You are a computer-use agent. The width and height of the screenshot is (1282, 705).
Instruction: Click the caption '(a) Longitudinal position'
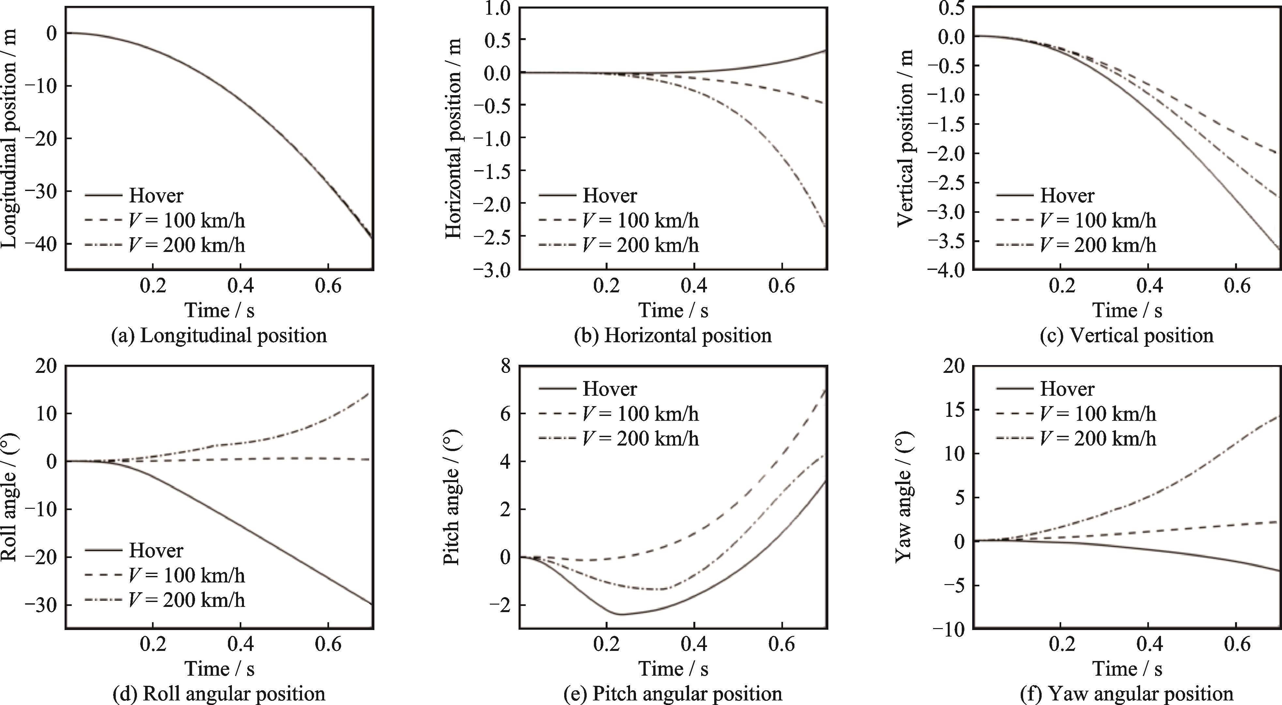219,336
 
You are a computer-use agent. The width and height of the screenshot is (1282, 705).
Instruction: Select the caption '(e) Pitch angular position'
673,694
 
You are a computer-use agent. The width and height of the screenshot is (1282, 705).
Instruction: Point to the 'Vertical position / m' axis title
906,138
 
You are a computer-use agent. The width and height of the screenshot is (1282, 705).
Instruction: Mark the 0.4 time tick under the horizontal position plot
694,286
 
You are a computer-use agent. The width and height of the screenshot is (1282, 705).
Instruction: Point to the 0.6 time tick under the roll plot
328,644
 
